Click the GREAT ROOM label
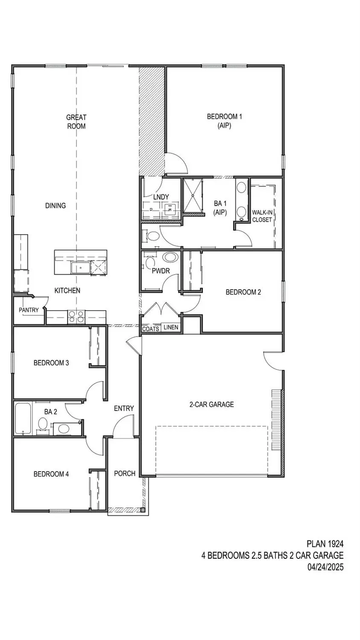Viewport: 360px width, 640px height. (76, 121)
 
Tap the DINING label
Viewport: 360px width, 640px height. (56, 206)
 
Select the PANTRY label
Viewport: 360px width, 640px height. (29, 310)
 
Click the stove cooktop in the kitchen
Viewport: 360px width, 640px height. (76, 316)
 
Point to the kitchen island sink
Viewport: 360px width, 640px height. (80, 268)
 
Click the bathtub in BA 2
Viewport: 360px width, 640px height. (23, 418)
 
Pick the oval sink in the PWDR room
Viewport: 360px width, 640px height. (170, 258)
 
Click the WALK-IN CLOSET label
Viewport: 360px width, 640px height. (262, 216)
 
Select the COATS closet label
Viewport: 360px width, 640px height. (150, 329)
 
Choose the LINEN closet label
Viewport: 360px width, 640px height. (171, 327)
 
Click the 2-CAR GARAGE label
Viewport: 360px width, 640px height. (211, 404)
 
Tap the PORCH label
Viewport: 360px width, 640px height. (125, 473)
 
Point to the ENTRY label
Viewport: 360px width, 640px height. (124, 408)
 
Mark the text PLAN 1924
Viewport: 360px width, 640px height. (325, 544)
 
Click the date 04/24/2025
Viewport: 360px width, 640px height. (325, 567)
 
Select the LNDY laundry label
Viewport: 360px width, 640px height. (161, 197)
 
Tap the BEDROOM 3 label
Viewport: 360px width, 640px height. (51, 363)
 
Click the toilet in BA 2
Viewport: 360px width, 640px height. (43, 424)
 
